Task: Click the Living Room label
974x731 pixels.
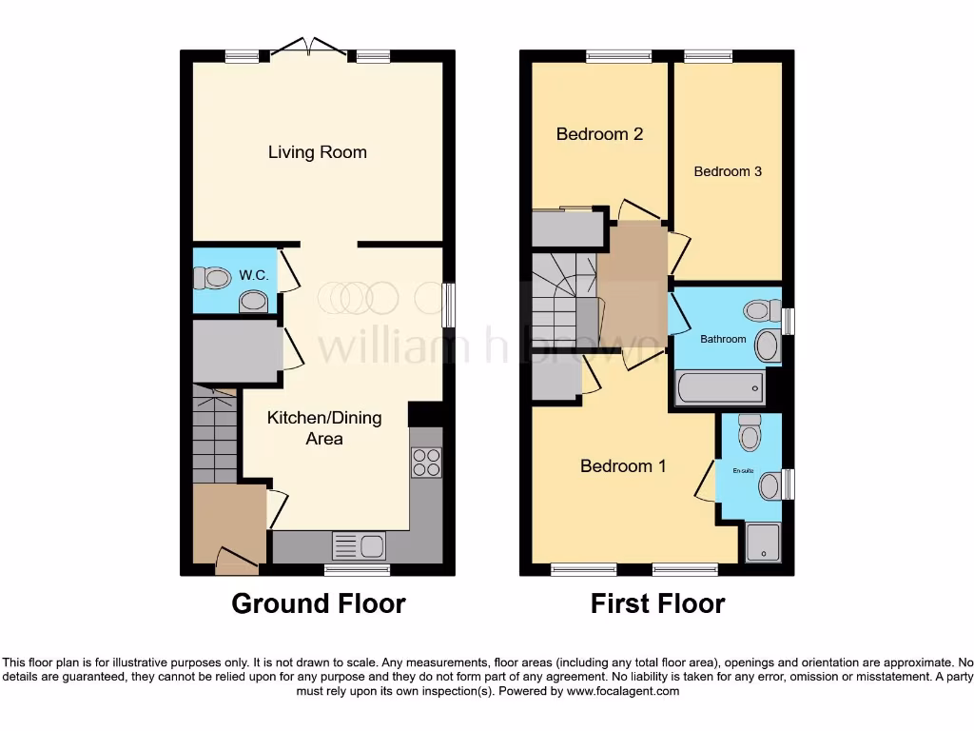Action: pos(317,152)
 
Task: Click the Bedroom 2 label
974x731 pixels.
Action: pos(599,134)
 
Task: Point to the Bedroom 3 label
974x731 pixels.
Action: pos(728,171)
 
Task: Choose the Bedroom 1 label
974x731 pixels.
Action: pos(623,466)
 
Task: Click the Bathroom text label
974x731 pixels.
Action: pos(723,339)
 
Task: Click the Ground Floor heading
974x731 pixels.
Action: pos(319,603)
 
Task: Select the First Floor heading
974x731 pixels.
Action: pos(657,603)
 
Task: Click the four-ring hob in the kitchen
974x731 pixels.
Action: pos(425,462)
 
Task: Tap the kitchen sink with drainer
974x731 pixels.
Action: pos(359,546)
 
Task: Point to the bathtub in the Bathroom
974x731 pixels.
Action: pos(719,388)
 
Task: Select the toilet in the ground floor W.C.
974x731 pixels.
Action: pos(211,278)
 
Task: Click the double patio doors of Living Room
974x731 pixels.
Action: pos(307,48)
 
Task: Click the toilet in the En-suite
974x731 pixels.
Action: pos(750,432)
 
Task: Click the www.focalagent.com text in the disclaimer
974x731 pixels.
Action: pos(624,691)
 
